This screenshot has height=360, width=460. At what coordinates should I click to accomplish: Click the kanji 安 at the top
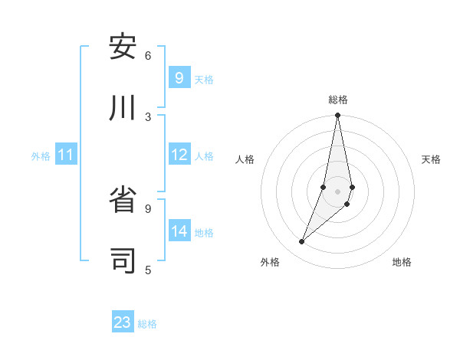tap(123, 47)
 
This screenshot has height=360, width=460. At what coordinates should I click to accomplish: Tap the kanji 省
tap(123, 200)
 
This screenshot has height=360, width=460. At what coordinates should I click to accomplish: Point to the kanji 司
tap(123, 260)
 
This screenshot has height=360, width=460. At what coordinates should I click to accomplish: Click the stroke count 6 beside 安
tap(148, 55)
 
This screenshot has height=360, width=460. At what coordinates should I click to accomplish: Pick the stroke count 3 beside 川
tap(148, 116)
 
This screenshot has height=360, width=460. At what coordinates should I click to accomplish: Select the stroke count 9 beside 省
tap(148, 208)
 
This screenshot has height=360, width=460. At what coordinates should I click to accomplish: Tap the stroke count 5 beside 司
tap(148, 269)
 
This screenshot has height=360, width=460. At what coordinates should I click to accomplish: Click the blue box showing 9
tap(179, 78)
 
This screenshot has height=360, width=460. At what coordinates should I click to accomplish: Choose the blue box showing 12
tap(179, 155)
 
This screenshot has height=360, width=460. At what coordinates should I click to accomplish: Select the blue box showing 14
tap(179, 231)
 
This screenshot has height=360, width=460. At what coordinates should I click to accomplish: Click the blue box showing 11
tap(66, 155)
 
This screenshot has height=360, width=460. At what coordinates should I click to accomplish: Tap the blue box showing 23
tap(123, 322)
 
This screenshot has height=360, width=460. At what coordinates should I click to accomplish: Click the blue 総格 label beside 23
tap(147, 324)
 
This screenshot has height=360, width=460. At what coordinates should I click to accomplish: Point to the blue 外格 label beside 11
tap(41, 156)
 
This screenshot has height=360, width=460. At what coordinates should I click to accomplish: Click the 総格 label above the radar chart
tap(338, 100)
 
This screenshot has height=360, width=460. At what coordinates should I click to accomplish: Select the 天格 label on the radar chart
tap(432, 159)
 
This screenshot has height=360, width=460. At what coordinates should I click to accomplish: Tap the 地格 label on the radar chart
tap(402, 262)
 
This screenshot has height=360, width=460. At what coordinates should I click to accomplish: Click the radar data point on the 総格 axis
tap(337, 116)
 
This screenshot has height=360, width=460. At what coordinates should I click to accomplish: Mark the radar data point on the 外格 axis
tap(302, 242)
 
